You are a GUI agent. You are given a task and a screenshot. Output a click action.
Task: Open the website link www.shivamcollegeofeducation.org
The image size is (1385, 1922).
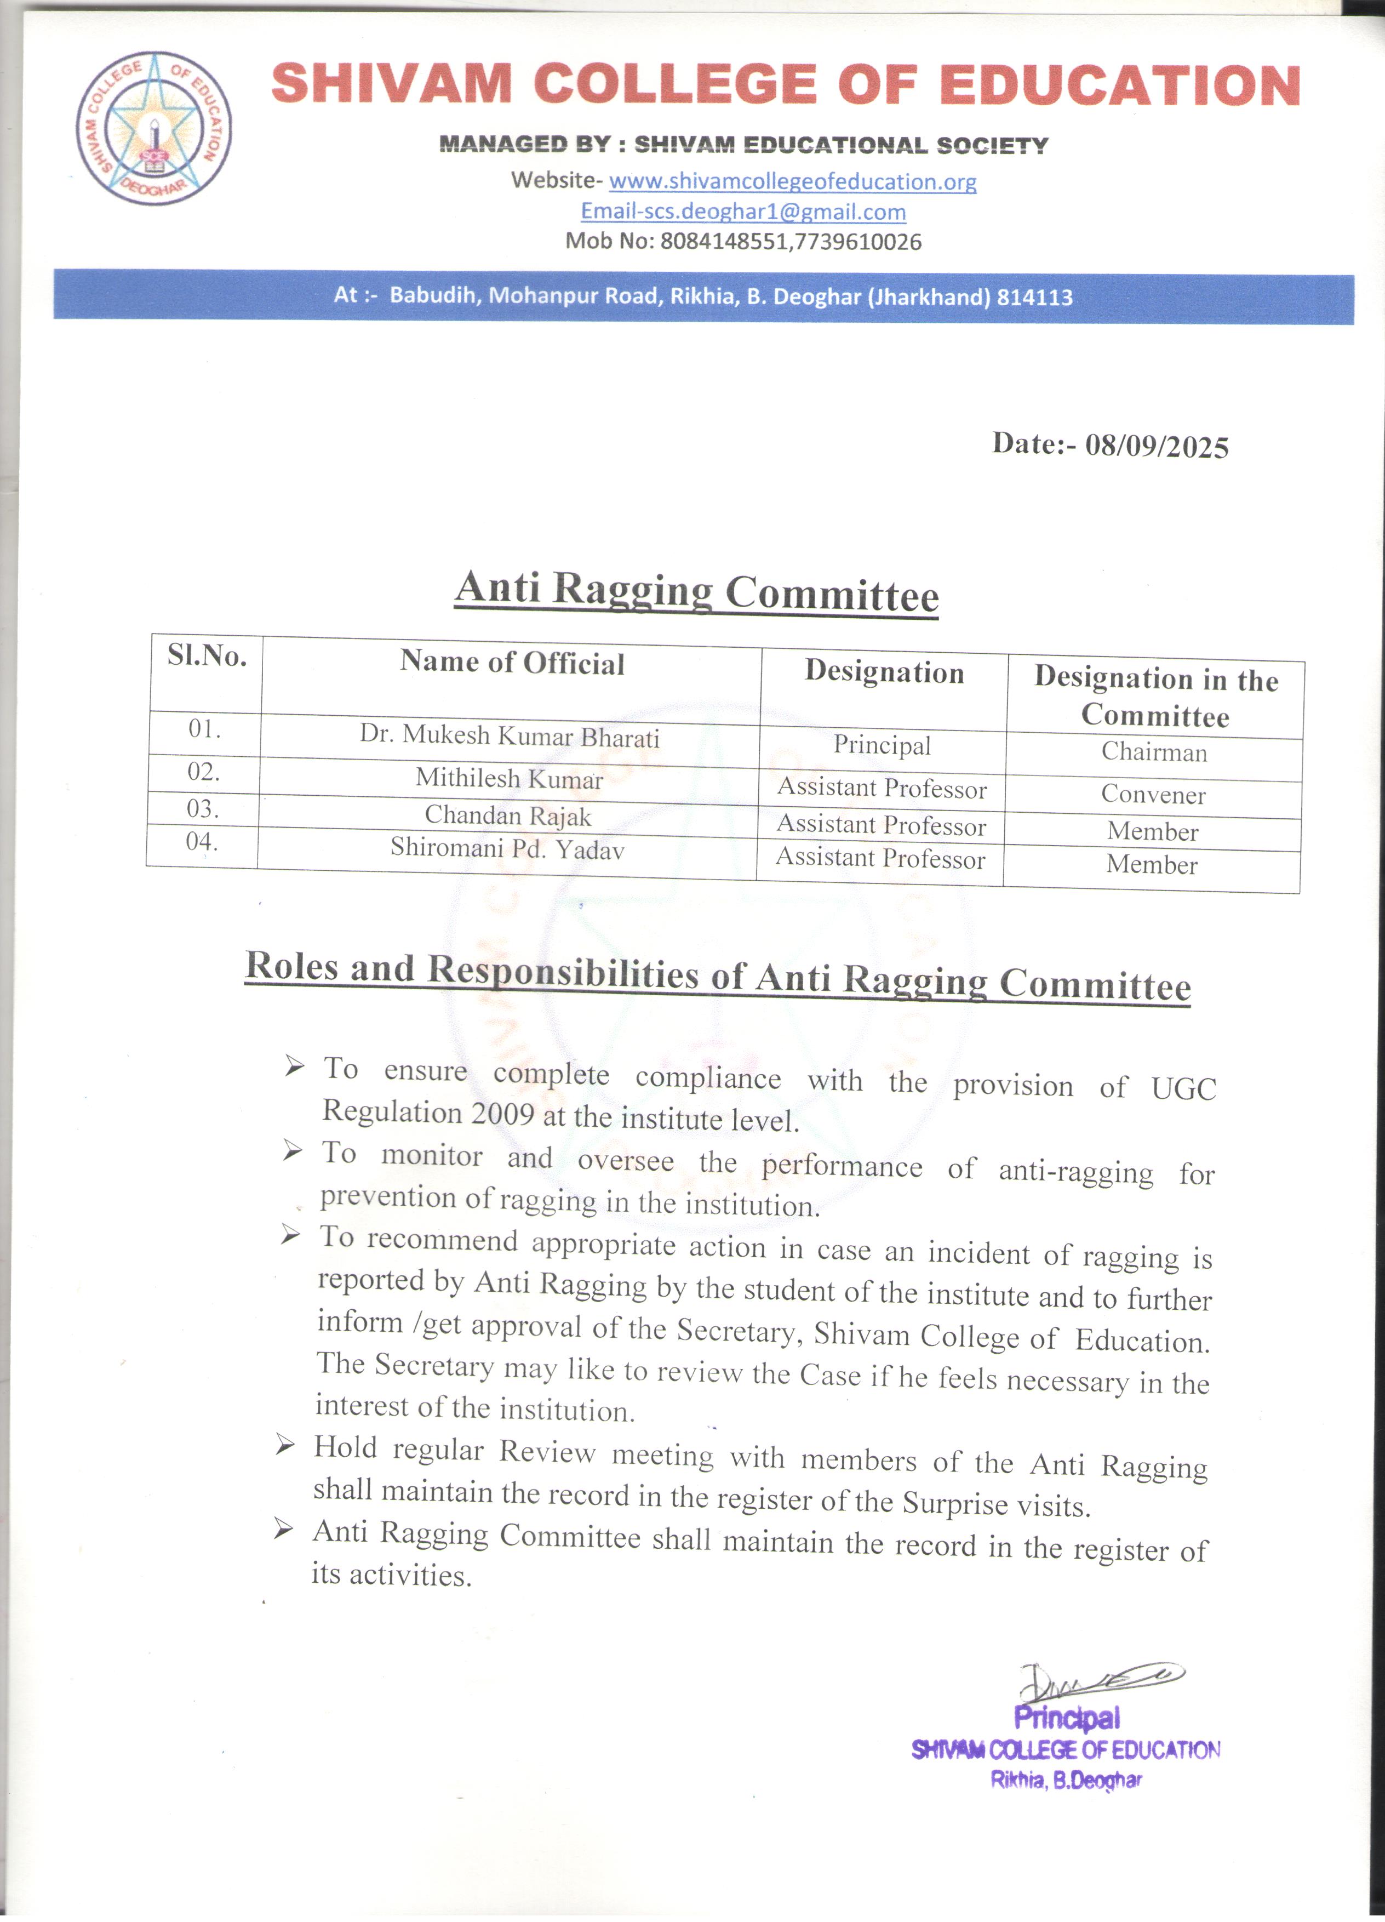pos(792,181)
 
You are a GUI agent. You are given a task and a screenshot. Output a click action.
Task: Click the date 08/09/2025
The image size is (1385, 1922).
pos(1157,446)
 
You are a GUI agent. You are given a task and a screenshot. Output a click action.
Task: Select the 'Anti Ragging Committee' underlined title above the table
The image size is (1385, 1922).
pos(696,591)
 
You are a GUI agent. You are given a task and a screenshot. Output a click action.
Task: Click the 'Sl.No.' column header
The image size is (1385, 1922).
pos(207,656)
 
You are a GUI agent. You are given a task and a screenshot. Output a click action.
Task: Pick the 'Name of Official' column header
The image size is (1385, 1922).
pos(512,663)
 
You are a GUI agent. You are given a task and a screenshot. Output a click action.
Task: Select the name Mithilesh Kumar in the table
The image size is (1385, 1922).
pos(509,778)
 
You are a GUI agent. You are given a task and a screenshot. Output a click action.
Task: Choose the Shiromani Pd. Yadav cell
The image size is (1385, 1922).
pos(507,848)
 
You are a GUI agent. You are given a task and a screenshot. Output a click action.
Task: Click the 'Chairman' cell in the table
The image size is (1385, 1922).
pos(1154,752)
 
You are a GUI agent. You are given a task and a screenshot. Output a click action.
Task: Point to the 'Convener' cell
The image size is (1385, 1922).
pos(1153,794)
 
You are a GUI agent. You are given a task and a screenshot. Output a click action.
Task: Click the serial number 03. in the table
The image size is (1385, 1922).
pos(203,808)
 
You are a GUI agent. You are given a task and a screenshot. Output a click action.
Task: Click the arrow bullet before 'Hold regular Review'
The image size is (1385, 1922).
pos(285,1445)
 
